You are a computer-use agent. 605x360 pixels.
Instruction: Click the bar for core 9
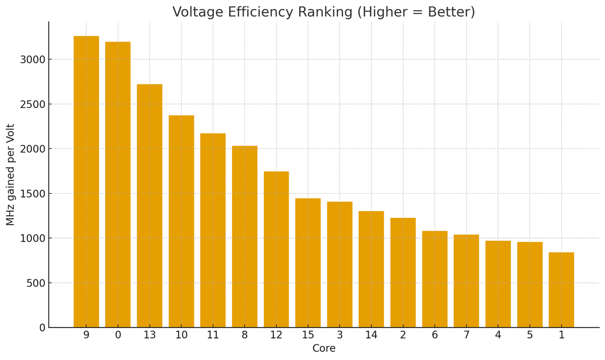point(86,181)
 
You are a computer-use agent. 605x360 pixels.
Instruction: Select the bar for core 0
point(118,185)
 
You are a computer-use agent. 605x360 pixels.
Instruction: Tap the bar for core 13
point(150,206)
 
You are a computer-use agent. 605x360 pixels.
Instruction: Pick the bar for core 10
point(182,221)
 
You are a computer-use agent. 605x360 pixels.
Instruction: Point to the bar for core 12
point(276,249)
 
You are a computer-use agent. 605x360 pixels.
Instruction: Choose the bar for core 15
point(308,263)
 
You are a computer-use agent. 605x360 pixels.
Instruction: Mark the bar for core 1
point(561,290)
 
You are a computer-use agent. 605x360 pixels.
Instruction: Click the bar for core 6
point(435,279)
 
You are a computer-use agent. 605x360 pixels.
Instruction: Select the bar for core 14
point(371,269)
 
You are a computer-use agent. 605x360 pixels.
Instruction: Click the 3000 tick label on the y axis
point(32,60)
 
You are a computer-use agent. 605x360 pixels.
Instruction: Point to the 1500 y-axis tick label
point(32,194)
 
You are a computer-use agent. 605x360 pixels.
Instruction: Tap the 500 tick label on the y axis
point(35,283)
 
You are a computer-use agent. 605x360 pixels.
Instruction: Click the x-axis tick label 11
point(213,335)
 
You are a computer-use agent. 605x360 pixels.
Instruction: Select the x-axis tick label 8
point(245,335)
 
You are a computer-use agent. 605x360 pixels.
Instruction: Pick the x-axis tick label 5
point(530,335)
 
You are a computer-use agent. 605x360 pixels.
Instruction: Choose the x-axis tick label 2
point(403,335)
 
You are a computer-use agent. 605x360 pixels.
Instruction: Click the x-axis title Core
point(324,348)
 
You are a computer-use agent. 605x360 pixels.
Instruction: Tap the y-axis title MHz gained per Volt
point(10,175)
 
